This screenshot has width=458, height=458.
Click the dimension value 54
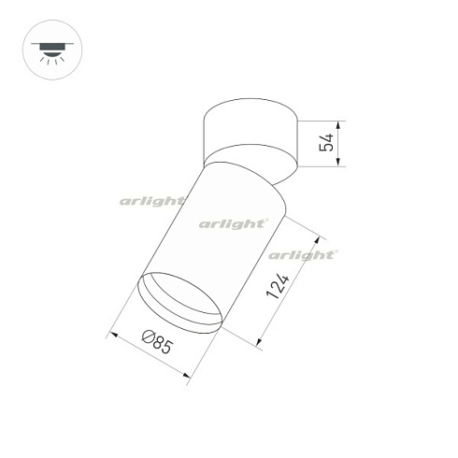(325, 144)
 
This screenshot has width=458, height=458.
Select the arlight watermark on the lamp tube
(234, 223)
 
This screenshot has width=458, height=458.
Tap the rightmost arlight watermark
(302, 254)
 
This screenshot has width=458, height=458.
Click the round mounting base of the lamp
(250, 130)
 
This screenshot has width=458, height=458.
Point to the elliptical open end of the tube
(180, 301)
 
